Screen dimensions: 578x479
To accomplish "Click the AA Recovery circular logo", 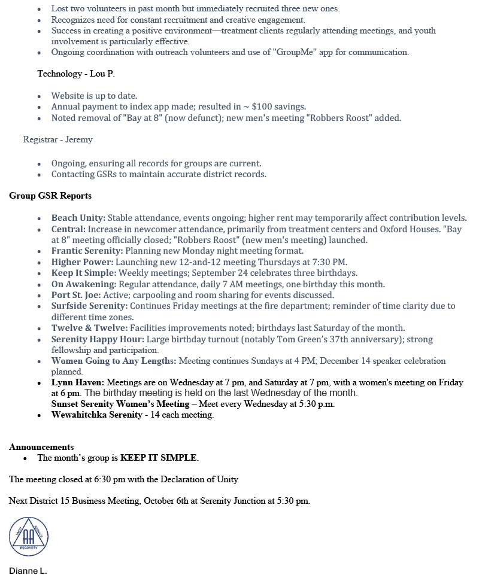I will click(29, 537).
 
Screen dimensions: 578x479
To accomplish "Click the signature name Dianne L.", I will click(28, 571).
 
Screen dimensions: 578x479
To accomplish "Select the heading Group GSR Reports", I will click(50, 196).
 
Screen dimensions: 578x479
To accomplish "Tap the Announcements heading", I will click(41, 447).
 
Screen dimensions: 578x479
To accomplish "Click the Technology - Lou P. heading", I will click(75, 74).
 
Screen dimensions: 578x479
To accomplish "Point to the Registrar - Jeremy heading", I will click(57, 139).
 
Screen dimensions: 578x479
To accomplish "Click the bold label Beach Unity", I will click(78, 218).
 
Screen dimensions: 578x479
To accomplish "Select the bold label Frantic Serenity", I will click(87, 251).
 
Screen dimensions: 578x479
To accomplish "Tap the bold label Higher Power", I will click(82, 262).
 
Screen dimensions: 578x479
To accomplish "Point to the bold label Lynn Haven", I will click(77, 382).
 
